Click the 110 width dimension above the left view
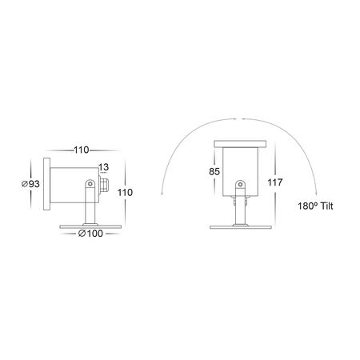[80, 150]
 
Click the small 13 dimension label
[103, 167]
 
